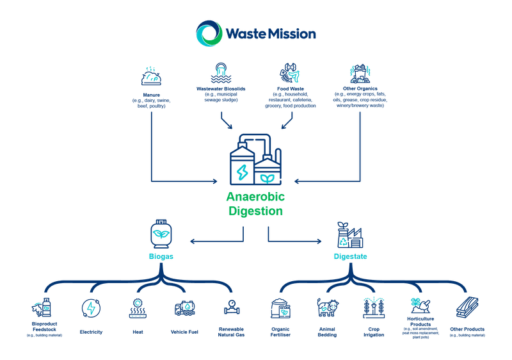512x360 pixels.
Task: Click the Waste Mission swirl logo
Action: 209,33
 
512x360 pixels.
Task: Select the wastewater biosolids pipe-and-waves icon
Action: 220,72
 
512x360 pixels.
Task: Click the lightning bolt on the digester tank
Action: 243,172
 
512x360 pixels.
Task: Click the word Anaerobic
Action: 255,197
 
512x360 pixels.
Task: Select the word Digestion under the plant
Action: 255,211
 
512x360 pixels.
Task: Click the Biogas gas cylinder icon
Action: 160,234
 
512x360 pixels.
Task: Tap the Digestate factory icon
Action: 351,236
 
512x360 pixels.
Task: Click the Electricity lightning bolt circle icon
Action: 90,308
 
